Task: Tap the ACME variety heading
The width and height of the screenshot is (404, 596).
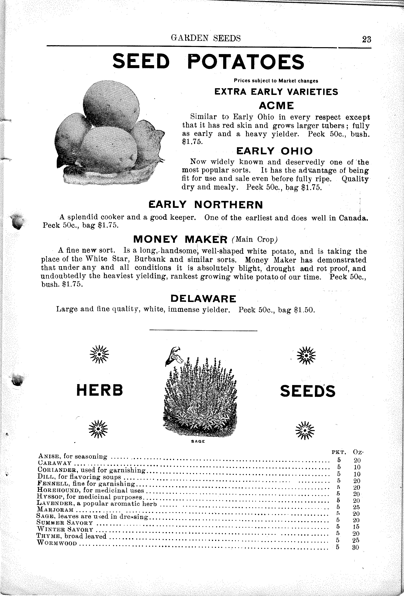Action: [x=276, y=105]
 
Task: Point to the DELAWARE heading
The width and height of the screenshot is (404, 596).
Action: [x=203, y=299]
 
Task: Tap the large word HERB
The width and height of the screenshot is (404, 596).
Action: [x=100, y=390]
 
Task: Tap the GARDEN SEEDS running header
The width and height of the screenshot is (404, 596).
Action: [x=206, y=38]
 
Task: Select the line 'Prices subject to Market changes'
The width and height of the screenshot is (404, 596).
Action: [x=276, y=81]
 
